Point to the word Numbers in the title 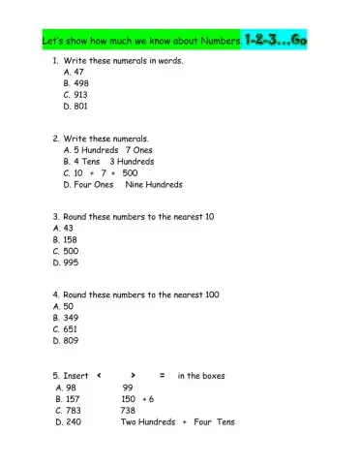pyautogui.click(x=216, y=43)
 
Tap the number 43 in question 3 pyautogui.click(x=69, y=228)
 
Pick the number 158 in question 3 pyautogui.click(x=71, y=239)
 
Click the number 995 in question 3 pyautogui.click(x=71, y=263)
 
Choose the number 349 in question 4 pyautogui.click(x=71, y=317)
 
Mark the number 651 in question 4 pyautogui.click(x=71, y=328)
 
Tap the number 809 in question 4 pyautogui.click(x=71, y=340)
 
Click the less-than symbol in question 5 pyautogui.click(x=100, y=374)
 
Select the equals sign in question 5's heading pyautogui.click(x=163, y=374)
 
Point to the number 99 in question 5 pyautogui.click(x=127, y=387)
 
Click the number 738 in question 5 pyautogui.click(x=128, y=410)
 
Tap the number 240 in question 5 pyautogui.click(x=76, y=421)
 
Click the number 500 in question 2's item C pyautogui.click(x=130, y=172)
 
